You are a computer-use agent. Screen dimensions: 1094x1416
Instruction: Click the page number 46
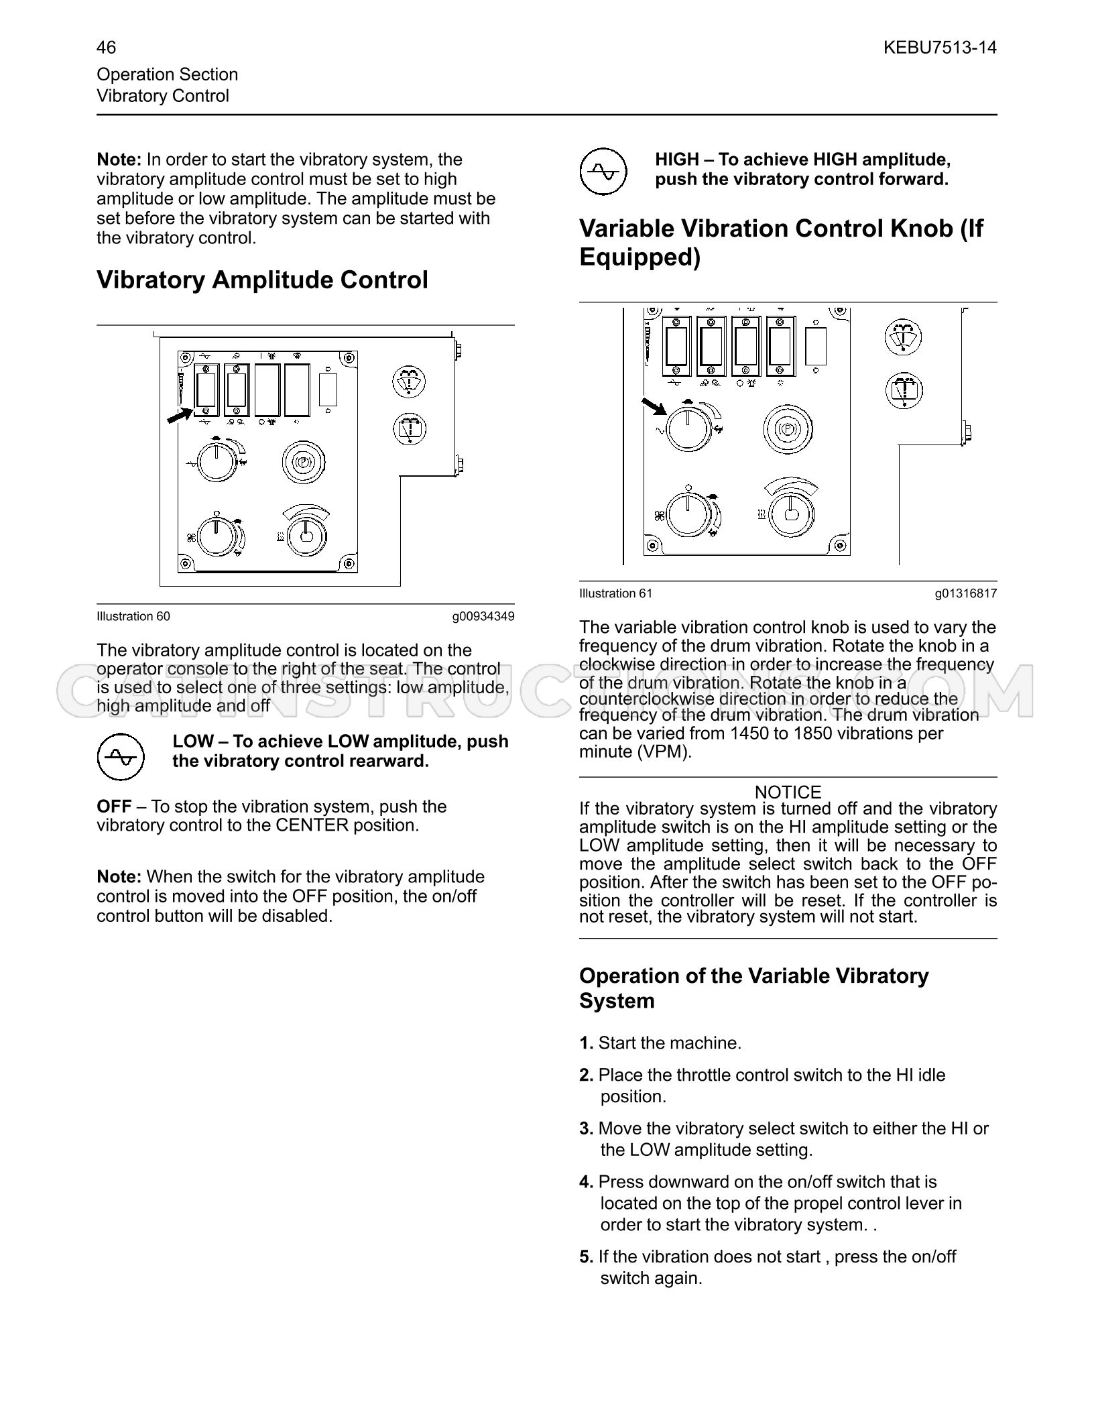pos(106,47)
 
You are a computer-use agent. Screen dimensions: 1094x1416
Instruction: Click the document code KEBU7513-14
pos(940,47)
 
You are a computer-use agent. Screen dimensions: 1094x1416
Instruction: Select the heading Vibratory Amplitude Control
pos(262,280)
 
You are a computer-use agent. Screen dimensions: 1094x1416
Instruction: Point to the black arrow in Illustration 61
pos(654,406)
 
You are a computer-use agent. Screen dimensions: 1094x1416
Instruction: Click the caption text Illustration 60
pos(133,616)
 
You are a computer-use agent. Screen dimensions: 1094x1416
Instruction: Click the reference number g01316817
pos(966,593)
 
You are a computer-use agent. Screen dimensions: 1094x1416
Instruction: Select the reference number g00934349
pos(483,616)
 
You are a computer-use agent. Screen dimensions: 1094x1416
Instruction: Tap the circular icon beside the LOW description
pos(121,756)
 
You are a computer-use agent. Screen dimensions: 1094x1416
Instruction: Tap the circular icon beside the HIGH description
pos(603,172)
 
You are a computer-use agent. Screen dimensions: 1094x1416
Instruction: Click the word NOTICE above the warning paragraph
pos(788,792)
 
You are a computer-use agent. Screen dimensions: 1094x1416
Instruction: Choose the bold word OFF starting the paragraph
pos(114,807)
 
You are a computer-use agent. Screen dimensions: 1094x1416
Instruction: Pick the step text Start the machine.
pos(670,1043)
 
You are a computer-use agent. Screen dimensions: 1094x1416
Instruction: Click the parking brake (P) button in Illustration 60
pos(302,462)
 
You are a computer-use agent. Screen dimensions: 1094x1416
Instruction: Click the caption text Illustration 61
pos(615,593)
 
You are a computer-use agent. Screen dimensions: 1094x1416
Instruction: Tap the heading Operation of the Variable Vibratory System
pos(754,988)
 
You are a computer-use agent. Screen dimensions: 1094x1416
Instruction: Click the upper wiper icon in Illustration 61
pos(904,337)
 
